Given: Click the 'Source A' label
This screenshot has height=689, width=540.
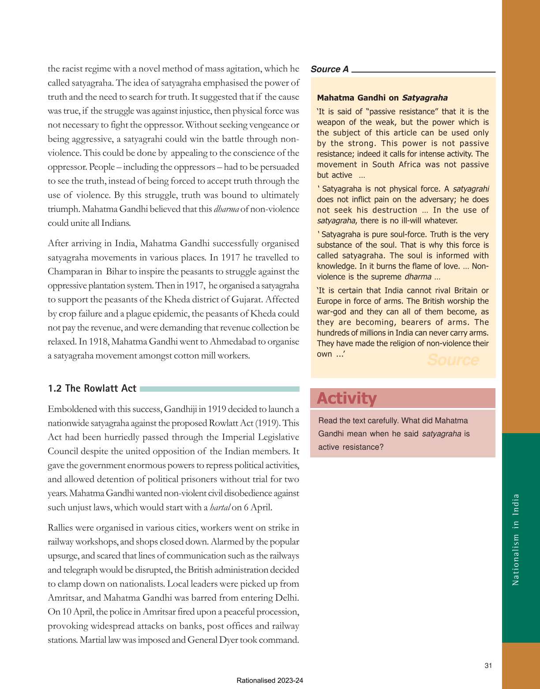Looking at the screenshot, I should coord(329,69).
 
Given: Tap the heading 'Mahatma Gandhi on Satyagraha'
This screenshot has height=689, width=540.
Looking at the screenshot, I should coord(382,98).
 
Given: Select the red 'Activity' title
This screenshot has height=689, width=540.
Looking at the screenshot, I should coord(346,398).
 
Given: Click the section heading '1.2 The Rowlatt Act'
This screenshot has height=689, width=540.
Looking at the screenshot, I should coord(92,388).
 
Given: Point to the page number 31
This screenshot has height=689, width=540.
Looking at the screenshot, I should coord(488,666).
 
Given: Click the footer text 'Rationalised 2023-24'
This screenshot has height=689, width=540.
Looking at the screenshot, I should coord(270,680).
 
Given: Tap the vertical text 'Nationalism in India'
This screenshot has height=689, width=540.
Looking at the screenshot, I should coord(515,539).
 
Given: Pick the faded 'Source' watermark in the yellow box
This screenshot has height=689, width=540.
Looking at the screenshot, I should coord(453,360).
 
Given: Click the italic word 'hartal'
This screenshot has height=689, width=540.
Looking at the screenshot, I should coord(220,507).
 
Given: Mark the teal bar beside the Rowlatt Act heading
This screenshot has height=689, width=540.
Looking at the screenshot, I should coord(219,389).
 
